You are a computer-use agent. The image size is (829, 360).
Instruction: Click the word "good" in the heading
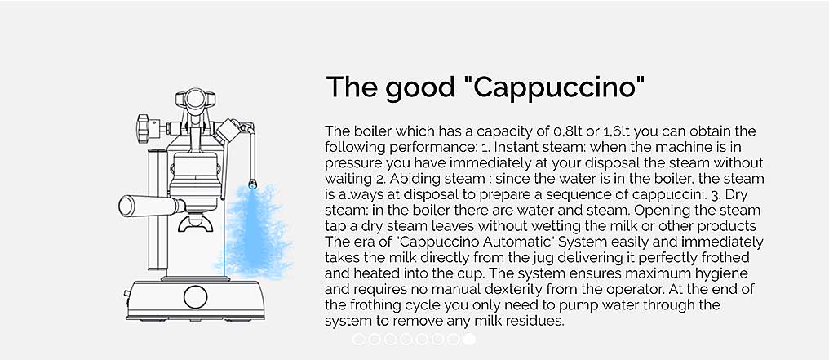click(419, 88)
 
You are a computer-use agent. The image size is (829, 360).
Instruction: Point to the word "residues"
click(537, 321)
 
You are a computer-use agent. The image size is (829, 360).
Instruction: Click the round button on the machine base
click(195, 296)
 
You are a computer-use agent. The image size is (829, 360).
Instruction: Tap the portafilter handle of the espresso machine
click(145, 206)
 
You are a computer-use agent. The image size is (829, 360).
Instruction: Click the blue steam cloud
click(255, 233)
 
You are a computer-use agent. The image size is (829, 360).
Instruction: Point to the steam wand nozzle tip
click(253, 184)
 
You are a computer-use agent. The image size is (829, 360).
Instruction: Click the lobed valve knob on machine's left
click(143, 127)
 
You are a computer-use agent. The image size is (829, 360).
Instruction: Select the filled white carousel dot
click(468, 340)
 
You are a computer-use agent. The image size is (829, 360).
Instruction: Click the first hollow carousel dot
click(359, 340)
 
